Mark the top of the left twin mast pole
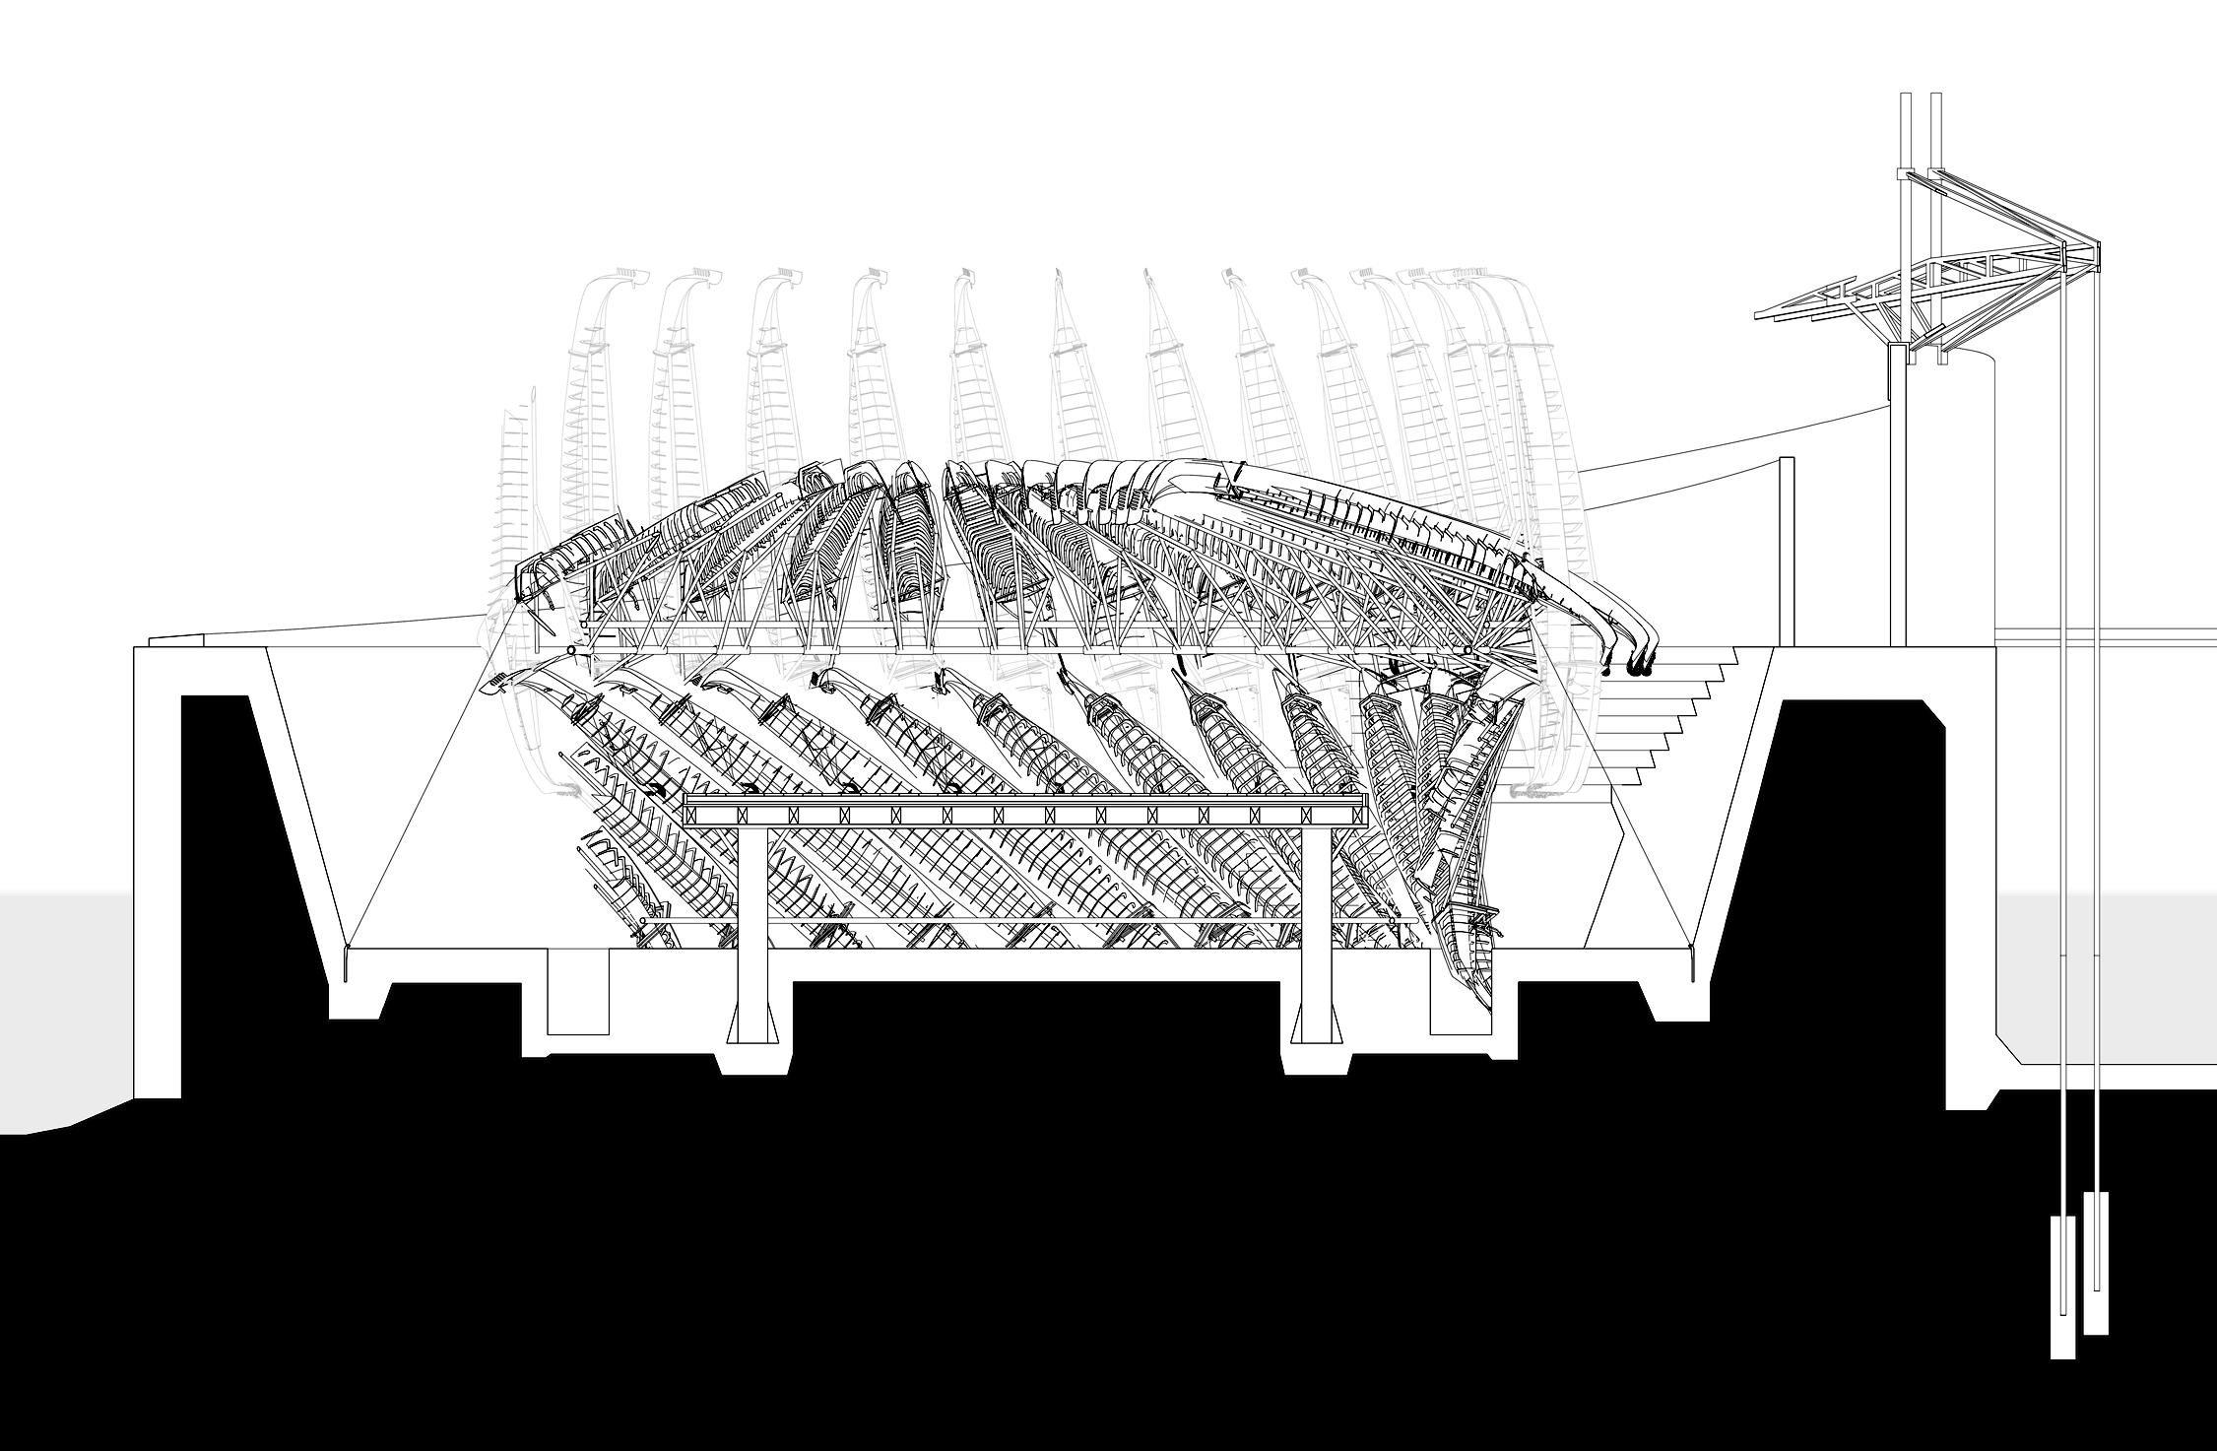1905,99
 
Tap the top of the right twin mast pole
1936,99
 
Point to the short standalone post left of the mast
1787,552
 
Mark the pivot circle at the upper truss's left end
571,651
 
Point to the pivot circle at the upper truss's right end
1467,651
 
